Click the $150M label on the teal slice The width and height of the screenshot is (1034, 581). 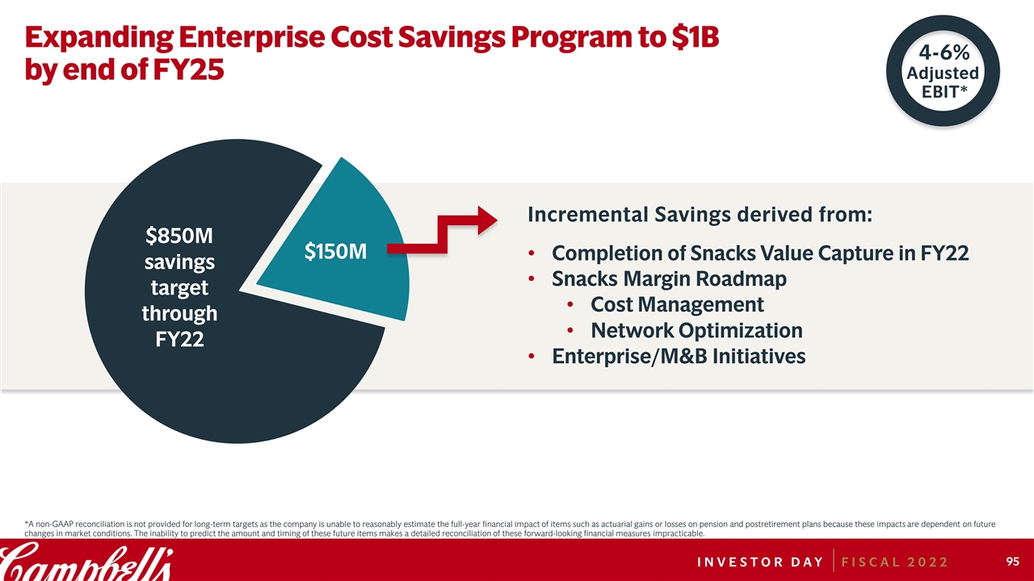coord(335,253)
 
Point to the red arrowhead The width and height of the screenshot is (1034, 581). coord(488,219)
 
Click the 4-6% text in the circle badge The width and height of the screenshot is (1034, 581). coord(943,53)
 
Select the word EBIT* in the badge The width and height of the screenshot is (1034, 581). coord(944,91)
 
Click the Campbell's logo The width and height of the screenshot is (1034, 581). coord(86,561)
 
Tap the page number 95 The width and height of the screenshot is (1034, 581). coord(1012,561)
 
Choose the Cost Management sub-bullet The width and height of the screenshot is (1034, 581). coord(677,304)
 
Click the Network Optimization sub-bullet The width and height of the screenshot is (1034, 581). coord(696,330)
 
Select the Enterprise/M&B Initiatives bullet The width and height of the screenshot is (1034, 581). coord(679,356)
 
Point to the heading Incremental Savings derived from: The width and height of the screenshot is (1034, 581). coord(700,215)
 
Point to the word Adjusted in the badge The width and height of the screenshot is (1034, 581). coord(943,73)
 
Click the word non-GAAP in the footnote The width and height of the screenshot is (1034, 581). coord(55,525)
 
